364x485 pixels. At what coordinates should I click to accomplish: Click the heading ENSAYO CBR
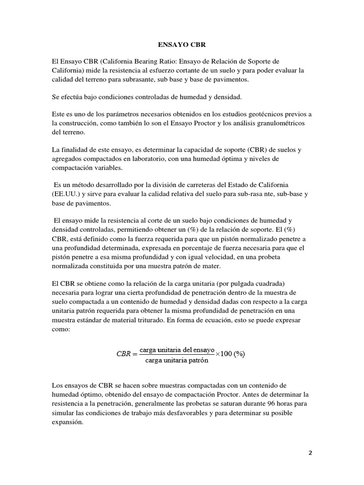tap(182, 45)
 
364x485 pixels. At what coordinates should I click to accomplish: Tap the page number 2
tap(310, 452)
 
